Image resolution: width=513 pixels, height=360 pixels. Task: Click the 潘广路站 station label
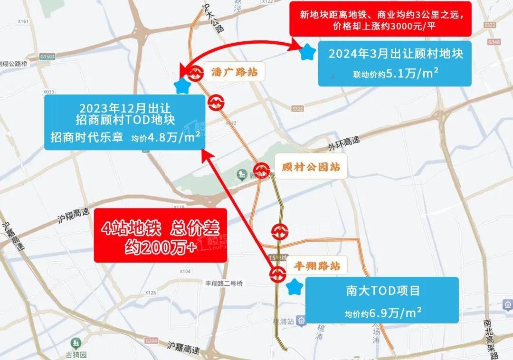pyautogui.click(x=234, y=72)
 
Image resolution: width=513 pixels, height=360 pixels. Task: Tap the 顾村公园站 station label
pyautogui.click(x=310, y=168)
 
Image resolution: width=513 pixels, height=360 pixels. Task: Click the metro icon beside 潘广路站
pyautogui.click(x=195, y=74)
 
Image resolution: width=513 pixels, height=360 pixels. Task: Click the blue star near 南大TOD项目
pyautogui.click(x=295, y=287)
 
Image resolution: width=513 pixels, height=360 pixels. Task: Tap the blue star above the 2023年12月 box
pyautogui.click(x=182, y=86)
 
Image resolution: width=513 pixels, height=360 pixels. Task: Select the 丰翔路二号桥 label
pyautogui.click(x=223, y=284)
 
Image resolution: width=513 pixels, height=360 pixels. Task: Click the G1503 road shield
pyautogui.click(x=47, y=57)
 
